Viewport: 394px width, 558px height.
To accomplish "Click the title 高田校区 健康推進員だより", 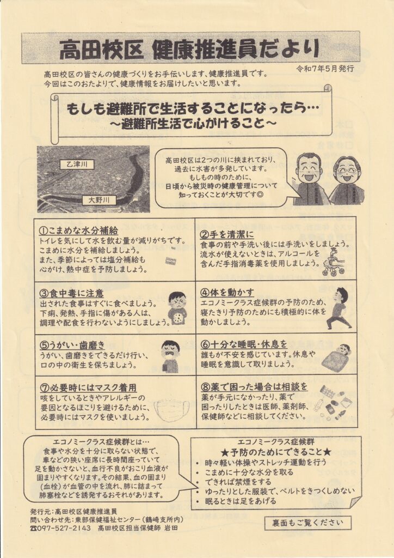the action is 189,50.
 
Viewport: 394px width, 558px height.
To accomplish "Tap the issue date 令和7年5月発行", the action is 325,69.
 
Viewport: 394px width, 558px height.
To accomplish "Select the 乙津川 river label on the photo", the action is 77,165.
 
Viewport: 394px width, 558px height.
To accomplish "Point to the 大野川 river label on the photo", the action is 98,201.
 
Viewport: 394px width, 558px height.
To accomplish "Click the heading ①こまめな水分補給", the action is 78,230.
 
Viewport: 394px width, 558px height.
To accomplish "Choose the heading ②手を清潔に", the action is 227,234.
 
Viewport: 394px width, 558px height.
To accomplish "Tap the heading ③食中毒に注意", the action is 71,293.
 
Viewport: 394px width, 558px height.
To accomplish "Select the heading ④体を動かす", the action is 227,293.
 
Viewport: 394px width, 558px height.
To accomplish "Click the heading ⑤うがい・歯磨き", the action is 72,345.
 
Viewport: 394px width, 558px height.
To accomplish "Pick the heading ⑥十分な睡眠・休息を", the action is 244,344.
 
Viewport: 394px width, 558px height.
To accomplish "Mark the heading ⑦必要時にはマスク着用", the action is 88,387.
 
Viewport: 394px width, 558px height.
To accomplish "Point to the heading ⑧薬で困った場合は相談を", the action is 254,386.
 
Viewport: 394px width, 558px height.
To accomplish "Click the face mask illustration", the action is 171,410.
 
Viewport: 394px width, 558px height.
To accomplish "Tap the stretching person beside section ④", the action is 339,308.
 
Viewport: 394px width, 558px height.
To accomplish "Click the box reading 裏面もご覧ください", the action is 307,523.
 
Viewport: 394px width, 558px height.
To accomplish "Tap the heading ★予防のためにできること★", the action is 276,452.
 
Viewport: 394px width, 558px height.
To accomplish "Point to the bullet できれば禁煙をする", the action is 238,482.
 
